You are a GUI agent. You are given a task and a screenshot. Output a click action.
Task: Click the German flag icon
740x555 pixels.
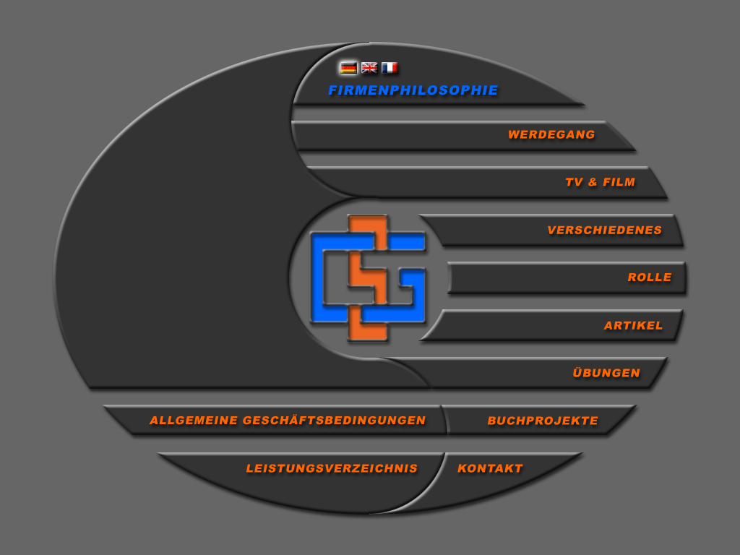pyautogui.click(x=348, y=68)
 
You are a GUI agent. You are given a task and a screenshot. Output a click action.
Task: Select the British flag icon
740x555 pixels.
pyautogui.click(x=369, y=68)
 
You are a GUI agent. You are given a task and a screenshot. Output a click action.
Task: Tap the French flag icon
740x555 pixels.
pyautogui.click(x=390, y=68)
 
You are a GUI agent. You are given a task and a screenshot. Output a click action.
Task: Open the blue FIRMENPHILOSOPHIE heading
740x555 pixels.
pyautogui.click(x=413, y=90)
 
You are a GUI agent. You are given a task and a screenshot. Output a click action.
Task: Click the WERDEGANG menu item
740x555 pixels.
pyautogui.click(x=551, y=134)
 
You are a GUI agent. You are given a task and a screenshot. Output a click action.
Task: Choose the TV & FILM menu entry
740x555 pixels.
pyautogui.click(x=601, y=181)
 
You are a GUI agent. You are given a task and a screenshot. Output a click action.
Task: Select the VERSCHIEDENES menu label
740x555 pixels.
pyautogui.click(x=605, y=230)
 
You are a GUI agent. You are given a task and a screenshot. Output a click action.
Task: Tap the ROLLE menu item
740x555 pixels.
pyautogui.click(x=650, y=277)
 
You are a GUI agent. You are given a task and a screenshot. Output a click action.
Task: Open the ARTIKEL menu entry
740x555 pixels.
pyautogui.click(x=633, y=325)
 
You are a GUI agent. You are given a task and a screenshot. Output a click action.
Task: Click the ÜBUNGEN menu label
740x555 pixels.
pyautogui.click(x=606, y=372)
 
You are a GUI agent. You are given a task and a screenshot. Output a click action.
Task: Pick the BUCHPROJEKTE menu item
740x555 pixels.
pyautogui.click(x=543, y=421)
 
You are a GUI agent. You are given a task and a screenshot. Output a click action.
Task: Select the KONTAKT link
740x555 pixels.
pyautogui.click(x=490, y=468)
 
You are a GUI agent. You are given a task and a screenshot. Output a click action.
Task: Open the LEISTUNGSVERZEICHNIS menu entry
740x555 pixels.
pyautogui.click(x=332, y=468)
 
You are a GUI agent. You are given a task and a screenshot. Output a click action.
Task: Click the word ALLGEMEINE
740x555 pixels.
pyautogui.click(x=194, y=420)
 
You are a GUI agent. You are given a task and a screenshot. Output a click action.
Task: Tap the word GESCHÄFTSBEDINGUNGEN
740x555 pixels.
pyautogui.click(x=334, y=420)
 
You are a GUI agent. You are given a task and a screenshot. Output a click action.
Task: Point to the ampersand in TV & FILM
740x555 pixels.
pyautogui.click(x=593, y=181)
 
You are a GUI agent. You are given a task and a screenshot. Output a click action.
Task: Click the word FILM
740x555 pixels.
pyautogui.click(x=619, y=181)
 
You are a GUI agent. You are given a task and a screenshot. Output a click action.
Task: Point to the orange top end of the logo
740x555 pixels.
pyautogui.click(x=368, y=222)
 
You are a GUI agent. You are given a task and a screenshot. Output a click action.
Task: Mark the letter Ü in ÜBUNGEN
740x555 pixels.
pyautogui.click(x=578, y=372)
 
